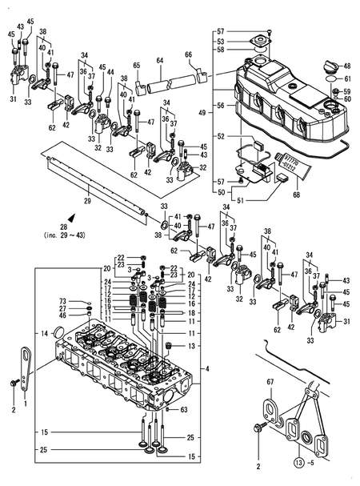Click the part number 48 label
(x=347, y=66)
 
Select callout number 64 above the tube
(x=159, y=61)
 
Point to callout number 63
(x=185, y=410)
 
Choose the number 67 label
(x=270, y=383)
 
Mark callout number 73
(x=63, y=300)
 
